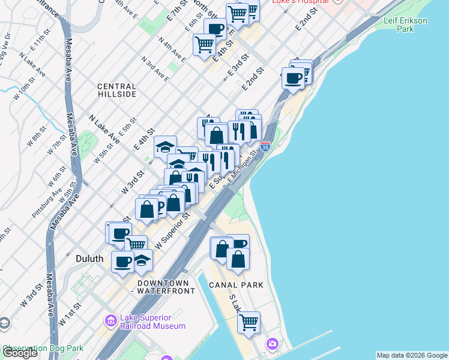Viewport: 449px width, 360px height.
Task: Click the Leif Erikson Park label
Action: pos(406,24)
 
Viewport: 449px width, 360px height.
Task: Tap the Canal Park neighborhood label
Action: pos(236,285)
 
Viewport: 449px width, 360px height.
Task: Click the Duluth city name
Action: pos(89,259)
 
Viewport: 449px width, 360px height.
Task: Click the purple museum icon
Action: pos(110,322)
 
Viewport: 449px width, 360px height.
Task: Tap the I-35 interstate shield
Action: pos(265,146)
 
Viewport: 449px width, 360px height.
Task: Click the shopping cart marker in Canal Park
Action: pos(249,322)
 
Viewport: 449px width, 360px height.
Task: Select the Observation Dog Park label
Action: pos(42,348)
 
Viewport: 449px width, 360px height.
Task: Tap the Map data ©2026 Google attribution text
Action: pos(412,355)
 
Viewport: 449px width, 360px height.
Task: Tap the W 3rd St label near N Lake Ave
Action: pos(133,181)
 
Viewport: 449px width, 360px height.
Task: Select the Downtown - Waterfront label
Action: pos(166,287)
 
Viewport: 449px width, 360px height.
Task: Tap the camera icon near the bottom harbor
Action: pos(273,344)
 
